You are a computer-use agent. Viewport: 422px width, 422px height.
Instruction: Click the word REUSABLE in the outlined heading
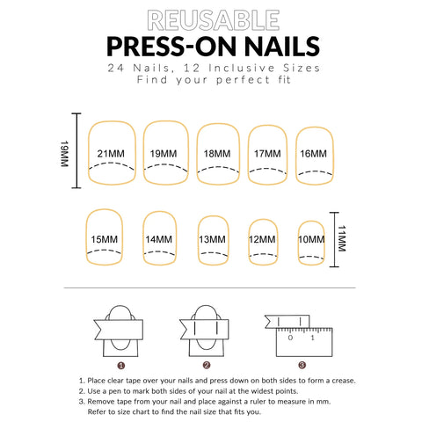click(x=214, y=20)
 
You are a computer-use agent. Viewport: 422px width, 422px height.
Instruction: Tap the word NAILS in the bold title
click(x=282, y=47)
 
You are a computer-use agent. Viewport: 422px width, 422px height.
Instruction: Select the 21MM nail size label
click(x=111, y=154)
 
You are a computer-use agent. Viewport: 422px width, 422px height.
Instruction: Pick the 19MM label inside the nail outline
click(x=164, y=154)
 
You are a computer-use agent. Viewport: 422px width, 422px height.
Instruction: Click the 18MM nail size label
click(x=217, y=154)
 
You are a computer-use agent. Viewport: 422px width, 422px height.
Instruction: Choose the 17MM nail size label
click(x=267, y=154)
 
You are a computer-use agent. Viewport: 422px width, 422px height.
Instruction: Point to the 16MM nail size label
click(x=313, y=154)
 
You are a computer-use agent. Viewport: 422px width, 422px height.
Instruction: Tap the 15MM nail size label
click(x=105, y=239)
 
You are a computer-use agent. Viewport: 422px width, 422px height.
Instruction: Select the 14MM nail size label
click(x=159, y=239)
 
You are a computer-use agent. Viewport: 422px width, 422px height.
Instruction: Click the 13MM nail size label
click(x=213, y=239)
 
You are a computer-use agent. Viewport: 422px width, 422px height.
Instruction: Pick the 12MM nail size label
click(x=262, y=239)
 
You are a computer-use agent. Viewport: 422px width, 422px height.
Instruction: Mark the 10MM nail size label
click(x=311, y=239)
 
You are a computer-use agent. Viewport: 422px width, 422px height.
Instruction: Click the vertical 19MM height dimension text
click(x=64, y=154)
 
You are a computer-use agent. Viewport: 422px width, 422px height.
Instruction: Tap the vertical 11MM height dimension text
click(x=342, y=238)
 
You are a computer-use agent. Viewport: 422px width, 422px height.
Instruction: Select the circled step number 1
click(x=121, y=366)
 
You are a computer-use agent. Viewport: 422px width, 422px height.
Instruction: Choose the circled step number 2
click(x=207, y=365)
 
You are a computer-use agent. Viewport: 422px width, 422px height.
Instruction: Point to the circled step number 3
click(x=302, y=365)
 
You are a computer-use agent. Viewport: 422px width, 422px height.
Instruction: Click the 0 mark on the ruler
click(x=290, y=338)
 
